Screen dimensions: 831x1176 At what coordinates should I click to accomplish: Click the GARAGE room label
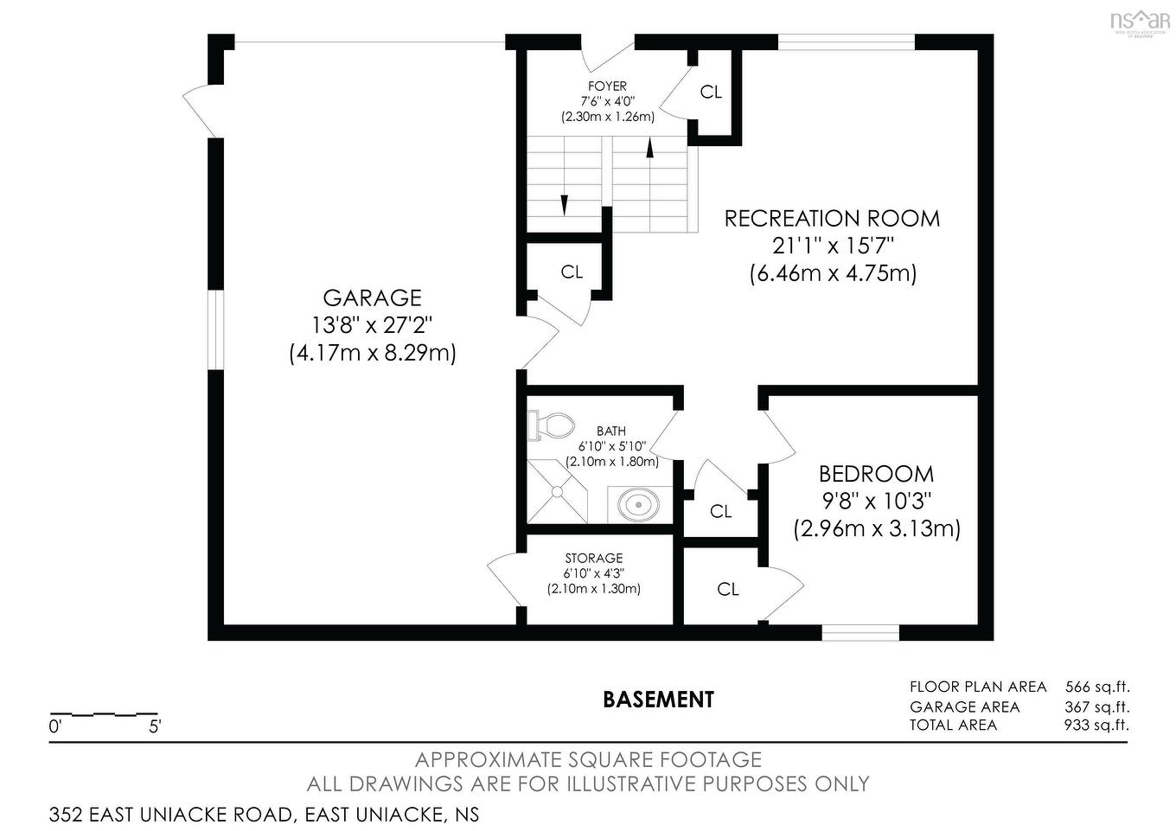tap(372, 297)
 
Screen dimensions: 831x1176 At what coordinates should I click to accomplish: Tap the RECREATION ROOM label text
tap(832, 219)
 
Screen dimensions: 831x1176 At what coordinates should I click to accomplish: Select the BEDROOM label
tap(876, 474)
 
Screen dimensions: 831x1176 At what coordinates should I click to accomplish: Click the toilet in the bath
tap(552, 425)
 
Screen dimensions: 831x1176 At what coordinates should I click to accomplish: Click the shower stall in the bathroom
tap(557, 492)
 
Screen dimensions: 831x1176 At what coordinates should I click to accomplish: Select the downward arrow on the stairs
tap(565, 205)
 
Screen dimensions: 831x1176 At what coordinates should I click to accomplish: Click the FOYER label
tap(607, 86)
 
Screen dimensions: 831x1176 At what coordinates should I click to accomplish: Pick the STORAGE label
tap(594, 559)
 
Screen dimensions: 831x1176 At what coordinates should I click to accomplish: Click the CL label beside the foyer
tap(711, 92)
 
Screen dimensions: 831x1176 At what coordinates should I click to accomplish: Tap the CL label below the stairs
tap(572, 272)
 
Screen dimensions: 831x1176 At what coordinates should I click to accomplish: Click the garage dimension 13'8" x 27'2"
tap(372, 325)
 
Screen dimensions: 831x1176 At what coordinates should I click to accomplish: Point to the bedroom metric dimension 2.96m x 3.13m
tap(877, 528)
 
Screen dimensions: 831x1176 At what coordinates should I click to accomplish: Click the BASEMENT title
tap(658, 699)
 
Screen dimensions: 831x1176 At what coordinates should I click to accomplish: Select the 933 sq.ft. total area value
tap(1096, 725)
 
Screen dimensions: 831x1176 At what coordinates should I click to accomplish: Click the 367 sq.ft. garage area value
tap(1096, 706)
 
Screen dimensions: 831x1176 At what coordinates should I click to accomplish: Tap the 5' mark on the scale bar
tap(155, 726)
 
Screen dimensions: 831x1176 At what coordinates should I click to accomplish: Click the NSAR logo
tap(1140, 20)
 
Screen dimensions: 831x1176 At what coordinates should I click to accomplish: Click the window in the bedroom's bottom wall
tap(860, 634)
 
